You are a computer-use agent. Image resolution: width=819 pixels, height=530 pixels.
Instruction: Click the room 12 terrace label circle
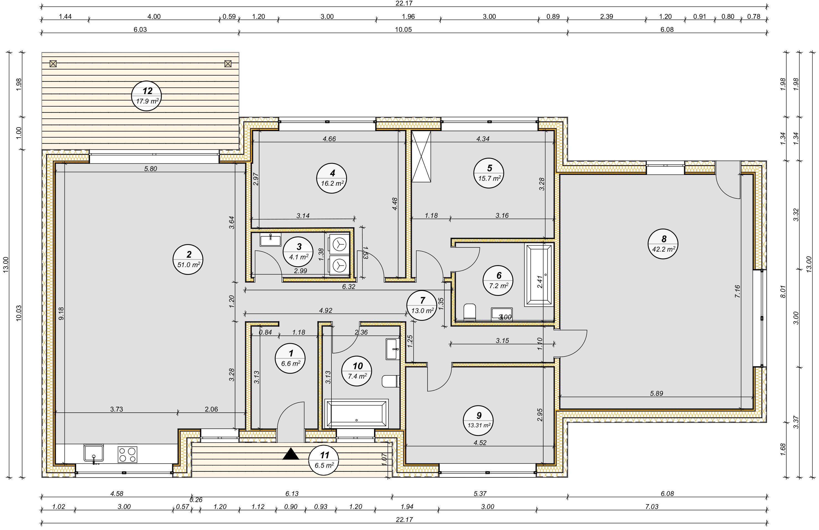click(146, 96)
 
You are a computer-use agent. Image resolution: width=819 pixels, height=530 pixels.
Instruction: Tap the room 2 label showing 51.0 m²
click(188, 259)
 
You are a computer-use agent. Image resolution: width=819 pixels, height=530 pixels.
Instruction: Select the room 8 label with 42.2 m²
click(663, 244)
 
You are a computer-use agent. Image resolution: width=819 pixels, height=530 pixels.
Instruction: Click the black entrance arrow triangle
click(291, 454)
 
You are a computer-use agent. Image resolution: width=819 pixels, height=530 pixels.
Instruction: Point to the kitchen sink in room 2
click(94, 453)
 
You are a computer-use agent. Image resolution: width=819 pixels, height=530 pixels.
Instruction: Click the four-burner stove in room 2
click(127, 454)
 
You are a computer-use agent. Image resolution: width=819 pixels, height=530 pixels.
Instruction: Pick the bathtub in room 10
click(357, 413)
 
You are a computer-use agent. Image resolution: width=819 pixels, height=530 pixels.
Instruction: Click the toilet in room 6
click(470, 312)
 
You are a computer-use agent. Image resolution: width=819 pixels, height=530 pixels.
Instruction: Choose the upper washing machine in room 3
click(339, 245)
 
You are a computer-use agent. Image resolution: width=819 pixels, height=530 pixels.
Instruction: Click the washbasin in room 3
click(271, 239)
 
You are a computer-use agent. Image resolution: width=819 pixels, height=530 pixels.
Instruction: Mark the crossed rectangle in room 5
click(421, 156)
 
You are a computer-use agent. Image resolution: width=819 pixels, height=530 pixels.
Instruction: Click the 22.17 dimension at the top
click(404, 3)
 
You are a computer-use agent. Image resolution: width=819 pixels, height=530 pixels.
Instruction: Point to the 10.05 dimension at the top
click(403, 30)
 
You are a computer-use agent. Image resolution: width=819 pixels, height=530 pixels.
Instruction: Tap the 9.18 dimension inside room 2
click(61, 313)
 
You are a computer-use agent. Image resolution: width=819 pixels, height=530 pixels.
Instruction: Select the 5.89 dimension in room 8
click(656, 394)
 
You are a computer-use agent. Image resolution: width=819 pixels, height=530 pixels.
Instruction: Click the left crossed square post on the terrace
click(53, 64)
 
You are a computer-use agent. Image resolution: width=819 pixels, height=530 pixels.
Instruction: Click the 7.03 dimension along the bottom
click(652, 506)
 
